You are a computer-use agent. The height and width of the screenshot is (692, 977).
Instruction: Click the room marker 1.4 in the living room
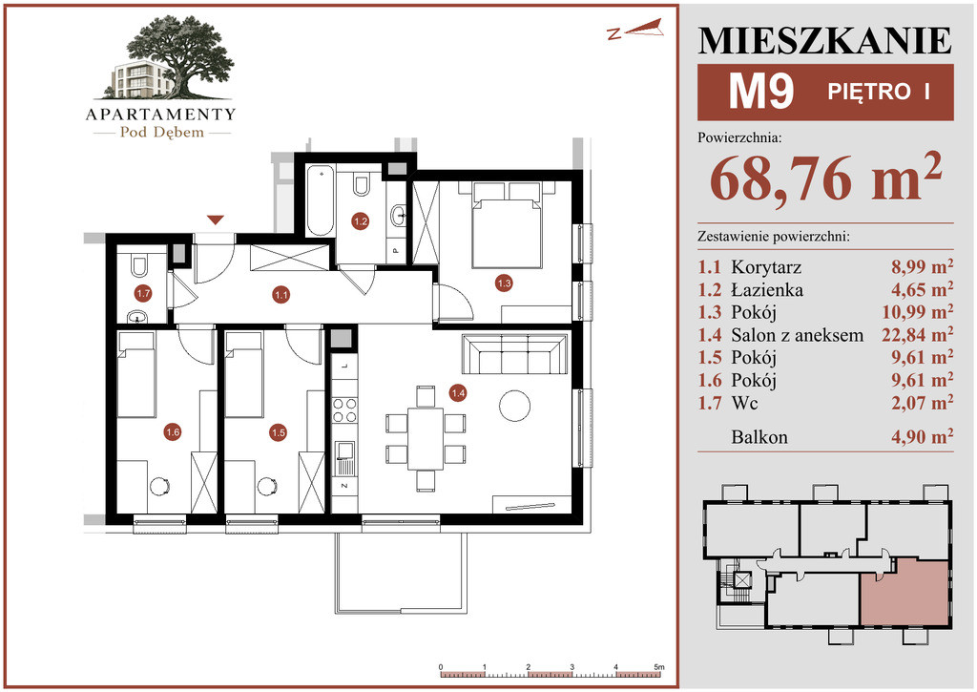(x=458, y=392)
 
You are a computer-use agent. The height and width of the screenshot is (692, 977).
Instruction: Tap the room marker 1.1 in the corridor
(x=281, y=295)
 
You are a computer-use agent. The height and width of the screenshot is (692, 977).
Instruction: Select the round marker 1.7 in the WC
(x=143, y=293)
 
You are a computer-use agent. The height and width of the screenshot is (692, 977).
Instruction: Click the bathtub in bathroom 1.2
(x=321, y=200)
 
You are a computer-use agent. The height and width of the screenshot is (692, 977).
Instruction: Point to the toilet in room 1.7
(x=139, y=265)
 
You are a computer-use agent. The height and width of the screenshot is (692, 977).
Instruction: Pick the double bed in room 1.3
(x=506, y=224)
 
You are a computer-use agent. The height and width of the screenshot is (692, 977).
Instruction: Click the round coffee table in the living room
(x=514, y=406)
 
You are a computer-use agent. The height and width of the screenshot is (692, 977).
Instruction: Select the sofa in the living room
(x=514, y=354)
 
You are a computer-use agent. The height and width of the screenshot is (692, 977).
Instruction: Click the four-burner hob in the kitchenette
(x=344, y=410)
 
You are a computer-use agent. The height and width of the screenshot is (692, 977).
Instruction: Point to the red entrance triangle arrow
(x=216, y=220)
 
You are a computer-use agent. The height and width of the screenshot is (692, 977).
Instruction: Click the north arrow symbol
(x=634, y=29)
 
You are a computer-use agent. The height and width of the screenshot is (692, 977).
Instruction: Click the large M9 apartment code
(x=761, y=92)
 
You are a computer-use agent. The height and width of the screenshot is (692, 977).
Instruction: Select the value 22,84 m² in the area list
(x=917, y=334)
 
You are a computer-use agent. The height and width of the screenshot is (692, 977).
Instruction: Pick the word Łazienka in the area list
(x=767, y=290)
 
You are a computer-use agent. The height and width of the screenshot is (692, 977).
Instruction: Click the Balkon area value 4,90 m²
(x=923, y=436)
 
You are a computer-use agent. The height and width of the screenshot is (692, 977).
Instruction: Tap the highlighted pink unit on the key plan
(x=904, y=592)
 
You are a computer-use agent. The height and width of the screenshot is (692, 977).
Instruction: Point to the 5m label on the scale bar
(x=659, y=667)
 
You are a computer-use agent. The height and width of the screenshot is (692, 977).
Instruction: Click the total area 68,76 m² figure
(x=825, y=178)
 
